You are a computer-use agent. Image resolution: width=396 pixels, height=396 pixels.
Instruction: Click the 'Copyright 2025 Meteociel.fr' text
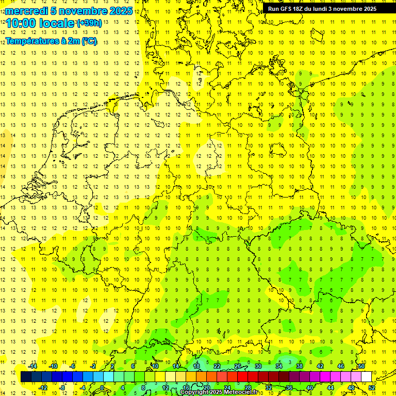pos(218,392)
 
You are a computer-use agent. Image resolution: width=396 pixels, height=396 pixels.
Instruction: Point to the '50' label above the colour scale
pos(362,366)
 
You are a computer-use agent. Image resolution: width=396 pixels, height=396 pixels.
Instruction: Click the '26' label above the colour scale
pos(238,366)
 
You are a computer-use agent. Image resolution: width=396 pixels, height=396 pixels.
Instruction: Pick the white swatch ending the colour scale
pos(367,376)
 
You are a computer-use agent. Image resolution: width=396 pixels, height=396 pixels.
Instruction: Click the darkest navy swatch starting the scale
pos(26,376)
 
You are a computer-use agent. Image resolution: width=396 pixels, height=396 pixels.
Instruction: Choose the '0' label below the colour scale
pos(103,387)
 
